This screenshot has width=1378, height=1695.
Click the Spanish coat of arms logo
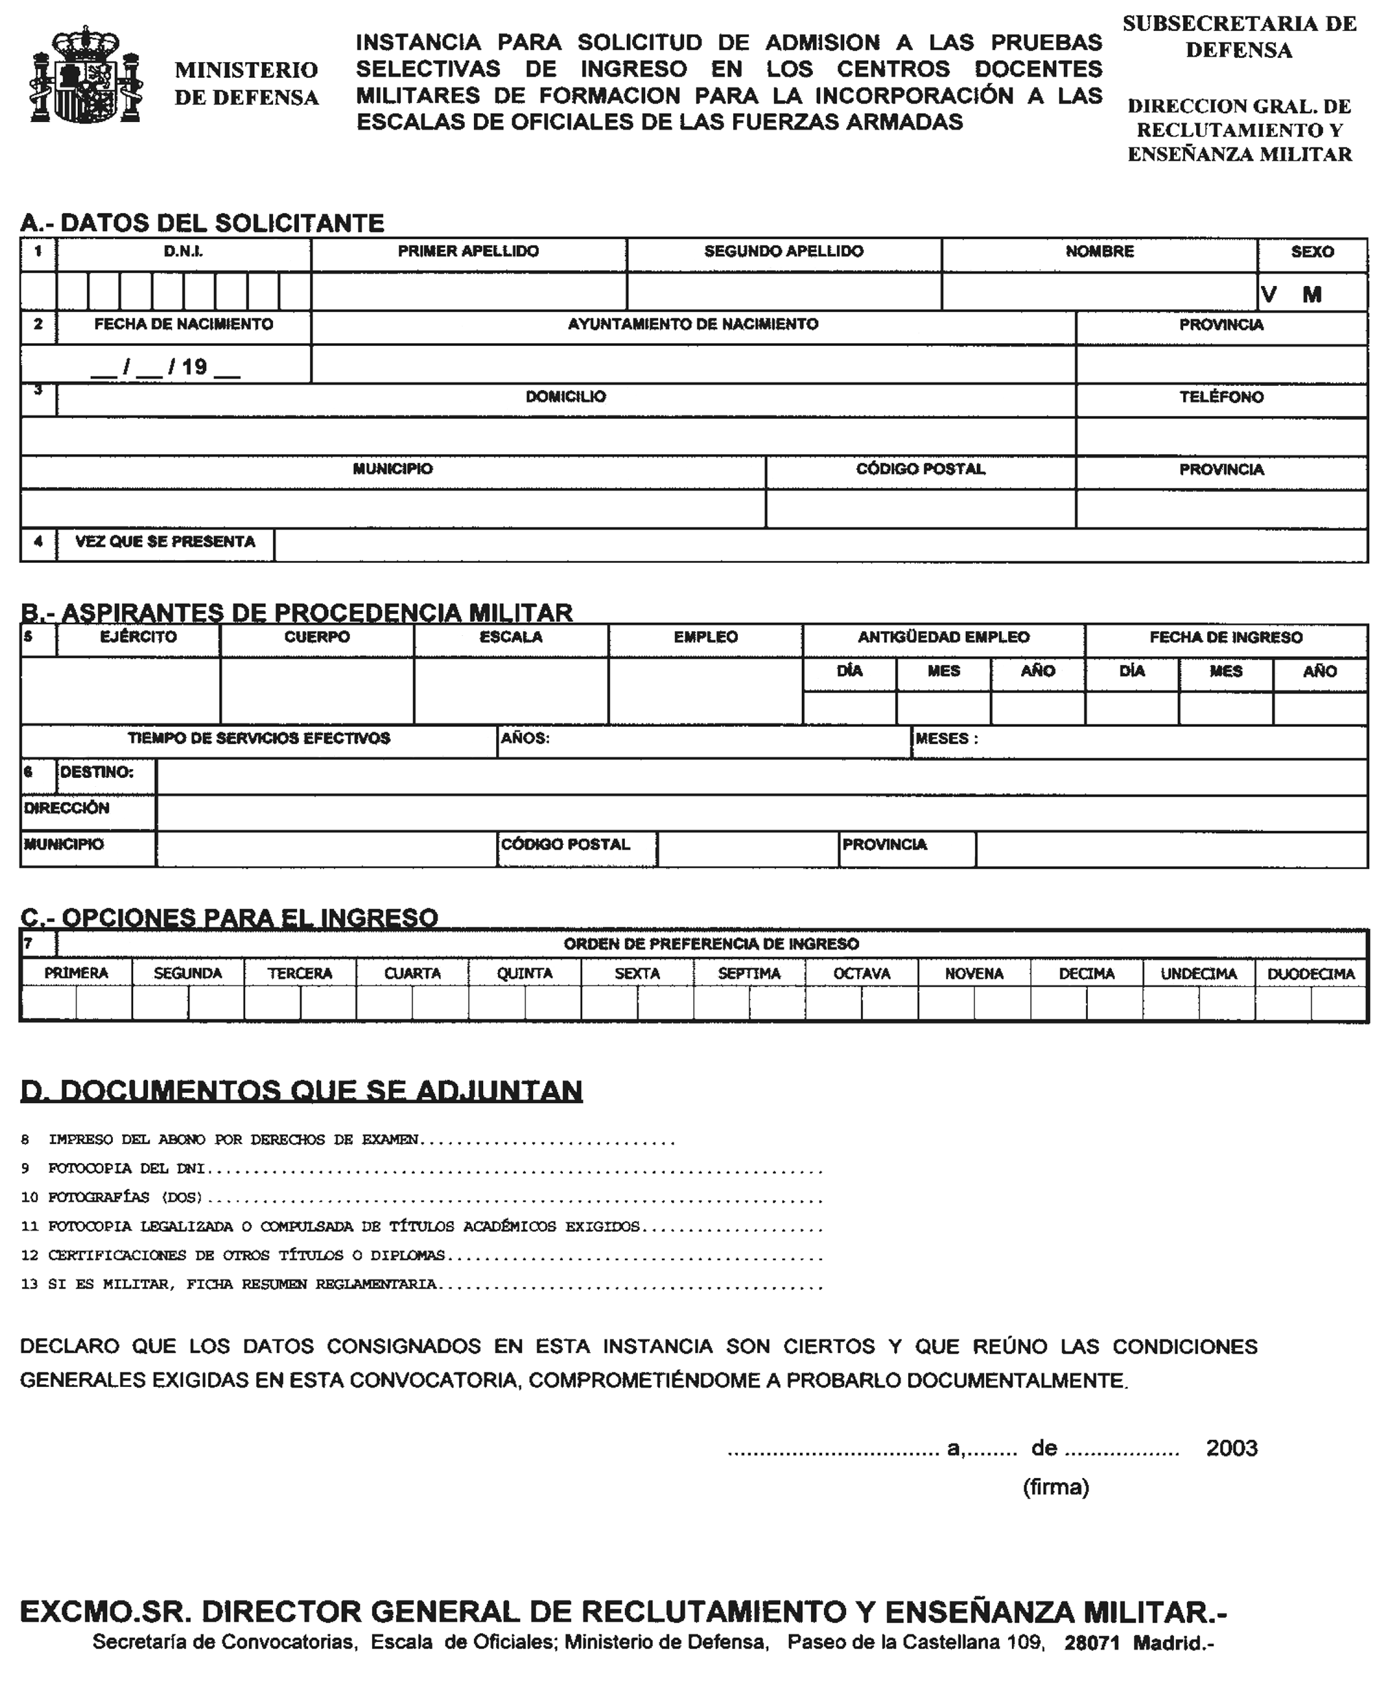pos(85,75)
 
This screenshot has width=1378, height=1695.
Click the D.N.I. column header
pos(183,251)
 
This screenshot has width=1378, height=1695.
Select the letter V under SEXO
pos(1268,294)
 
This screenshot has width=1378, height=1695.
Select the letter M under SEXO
pos(1312,294)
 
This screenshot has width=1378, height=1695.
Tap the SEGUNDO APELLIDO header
pos(783,251)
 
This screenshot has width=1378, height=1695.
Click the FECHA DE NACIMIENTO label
pos(183,324)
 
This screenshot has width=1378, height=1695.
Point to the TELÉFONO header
pos(1221,397)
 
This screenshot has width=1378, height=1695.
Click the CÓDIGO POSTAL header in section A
pos(920,469)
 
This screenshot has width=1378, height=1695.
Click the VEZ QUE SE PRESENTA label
pos(165,542)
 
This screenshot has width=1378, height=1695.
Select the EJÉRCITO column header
pos(138,637)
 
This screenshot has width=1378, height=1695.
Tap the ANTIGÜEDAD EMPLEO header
pos(943,637)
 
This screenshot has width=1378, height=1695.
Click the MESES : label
pos(946,739)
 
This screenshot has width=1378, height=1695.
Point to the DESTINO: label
pos(97,772)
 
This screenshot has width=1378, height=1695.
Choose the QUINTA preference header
pos(525,974)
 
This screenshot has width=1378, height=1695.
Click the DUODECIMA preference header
pos(1310,974)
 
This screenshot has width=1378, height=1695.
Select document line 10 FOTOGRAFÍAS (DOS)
pos(125,1198)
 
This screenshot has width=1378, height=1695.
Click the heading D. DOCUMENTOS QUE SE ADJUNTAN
pos(302,1091)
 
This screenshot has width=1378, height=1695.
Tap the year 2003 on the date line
pos(1231,1448)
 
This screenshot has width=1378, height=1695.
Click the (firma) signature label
pos(1055,1487)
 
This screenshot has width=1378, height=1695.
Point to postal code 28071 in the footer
pos(1091,1643)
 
